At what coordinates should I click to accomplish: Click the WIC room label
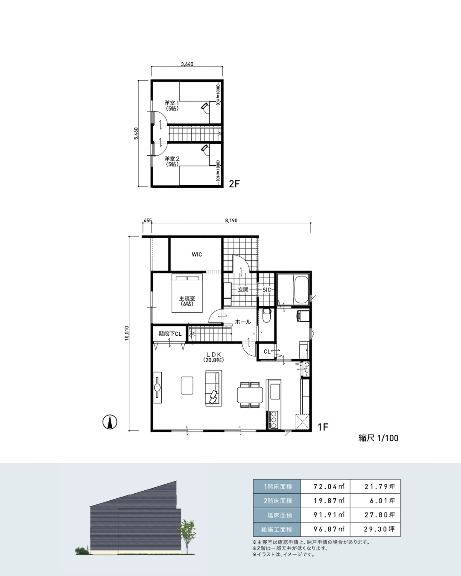point(197,255)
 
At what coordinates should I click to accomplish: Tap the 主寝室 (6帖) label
point(187,301)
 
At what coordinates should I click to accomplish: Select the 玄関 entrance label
point(243,290)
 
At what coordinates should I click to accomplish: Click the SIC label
point(266,290)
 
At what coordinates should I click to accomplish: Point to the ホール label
point(243,322)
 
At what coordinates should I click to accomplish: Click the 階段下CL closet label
point(170,334)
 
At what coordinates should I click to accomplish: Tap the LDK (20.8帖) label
point(213,357)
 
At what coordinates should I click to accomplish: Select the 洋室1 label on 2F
point(172,105)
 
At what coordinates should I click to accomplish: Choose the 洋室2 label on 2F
point(172,161)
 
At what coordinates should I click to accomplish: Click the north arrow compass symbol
point(110,422)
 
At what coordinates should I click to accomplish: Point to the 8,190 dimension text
point(231,221)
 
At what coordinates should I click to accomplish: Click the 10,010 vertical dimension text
point(127,333)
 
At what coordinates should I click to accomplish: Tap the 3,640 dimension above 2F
point(187,64)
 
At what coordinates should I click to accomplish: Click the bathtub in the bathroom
point(301,290)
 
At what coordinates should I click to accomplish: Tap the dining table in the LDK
point(250,395)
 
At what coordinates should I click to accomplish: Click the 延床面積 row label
point(277,515)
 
